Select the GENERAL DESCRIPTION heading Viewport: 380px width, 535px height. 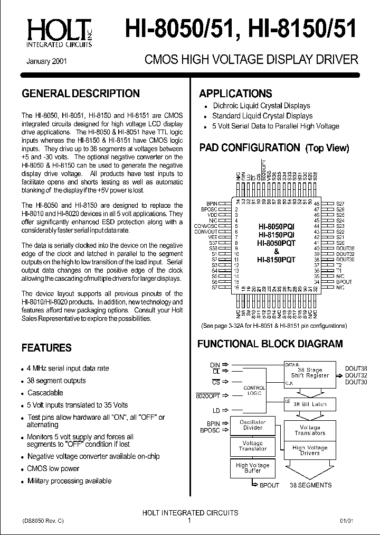80,94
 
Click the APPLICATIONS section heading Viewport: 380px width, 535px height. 235,94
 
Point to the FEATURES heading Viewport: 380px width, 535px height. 46,348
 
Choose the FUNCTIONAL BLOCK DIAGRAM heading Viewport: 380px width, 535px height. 270,344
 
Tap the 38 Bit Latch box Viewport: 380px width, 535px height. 310,404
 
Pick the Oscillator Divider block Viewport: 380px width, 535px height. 252,425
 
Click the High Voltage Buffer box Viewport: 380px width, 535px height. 252,468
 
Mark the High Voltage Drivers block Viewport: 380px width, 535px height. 310,450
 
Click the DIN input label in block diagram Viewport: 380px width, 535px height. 215,364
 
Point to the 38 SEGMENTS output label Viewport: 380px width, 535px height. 311,485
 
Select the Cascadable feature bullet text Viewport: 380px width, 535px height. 45,393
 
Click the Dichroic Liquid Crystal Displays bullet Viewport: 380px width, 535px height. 261,106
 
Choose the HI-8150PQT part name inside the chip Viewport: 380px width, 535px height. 276,260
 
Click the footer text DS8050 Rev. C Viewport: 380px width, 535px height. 43,521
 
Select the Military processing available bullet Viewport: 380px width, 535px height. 69,481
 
